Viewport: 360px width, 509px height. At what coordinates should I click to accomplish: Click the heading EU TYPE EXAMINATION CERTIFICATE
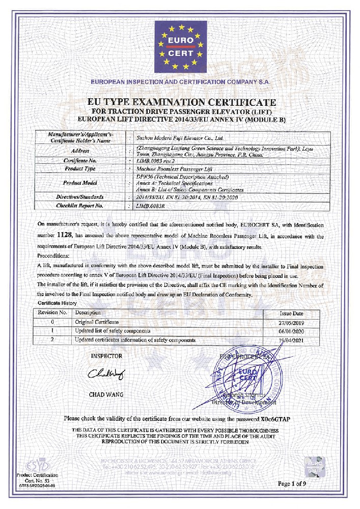pyautogui.click(x=180, y=103)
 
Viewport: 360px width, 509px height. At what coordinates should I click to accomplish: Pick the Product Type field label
pyautogui.click(x=80, y=168)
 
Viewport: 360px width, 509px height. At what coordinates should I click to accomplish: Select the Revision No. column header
pyautogui.click(x=53, y=313)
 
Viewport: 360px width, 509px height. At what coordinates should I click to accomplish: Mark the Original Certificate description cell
pyautogui.click(x=97, y=322)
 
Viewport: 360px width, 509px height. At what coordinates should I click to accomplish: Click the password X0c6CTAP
pyautogui.click(x=276, y=418)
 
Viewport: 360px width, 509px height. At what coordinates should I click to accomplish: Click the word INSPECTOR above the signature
pyautogui.click(x=106, y=356)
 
